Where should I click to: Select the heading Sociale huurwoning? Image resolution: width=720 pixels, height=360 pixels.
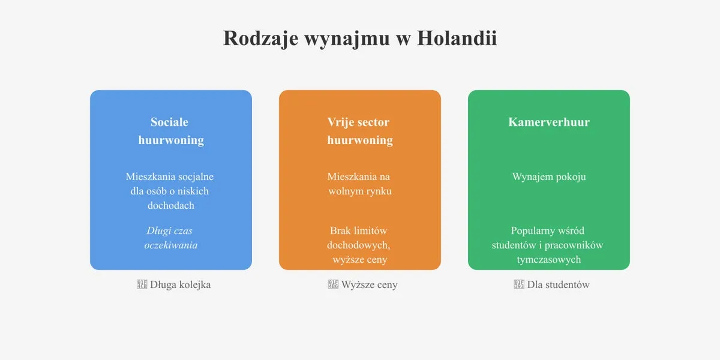point(170,131)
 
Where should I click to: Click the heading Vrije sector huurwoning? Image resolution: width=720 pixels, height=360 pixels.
point(359,131)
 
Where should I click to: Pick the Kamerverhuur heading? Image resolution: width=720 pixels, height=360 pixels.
point(548,122)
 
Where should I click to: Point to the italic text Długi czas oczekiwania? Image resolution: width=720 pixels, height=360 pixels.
point(170,238)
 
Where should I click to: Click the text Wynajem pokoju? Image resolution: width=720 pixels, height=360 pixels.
point(548,176)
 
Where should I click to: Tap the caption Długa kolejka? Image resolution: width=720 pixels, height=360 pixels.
point(180,284)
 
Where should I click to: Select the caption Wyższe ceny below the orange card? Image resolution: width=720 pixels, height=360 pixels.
point(369,284)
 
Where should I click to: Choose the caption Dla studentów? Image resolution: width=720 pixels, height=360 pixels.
point(558,284)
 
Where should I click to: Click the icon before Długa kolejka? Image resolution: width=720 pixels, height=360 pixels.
point(142,284)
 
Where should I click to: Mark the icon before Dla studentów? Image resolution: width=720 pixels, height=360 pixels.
point(520,284)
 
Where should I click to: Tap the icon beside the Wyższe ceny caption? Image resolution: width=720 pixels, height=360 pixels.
point(333,284)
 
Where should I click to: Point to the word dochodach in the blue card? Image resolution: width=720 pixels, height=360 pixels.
point(170,205)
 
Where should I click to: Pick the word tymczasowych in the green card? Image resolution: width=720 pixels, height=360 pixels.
point(548,259)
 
